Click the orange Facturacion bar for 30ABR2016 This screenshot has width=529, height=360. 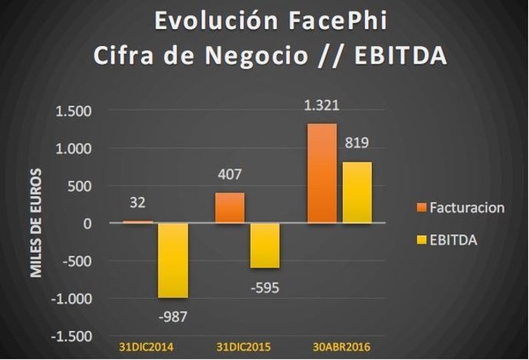click(x=321, y=173)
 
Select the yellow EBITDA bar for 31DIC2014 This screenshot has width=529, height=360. click(x=172, y=260)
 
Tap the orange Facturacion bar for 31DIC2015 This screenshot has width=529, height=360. click(x=230, y=208)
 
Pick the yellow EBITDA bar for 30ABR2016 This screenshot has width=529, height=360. click(x=356, y=192)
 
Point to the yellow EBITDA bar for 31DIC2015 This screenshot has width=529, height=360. click(x=264, y=246)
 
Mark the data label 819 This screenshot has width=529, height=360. click(x=357, y=144)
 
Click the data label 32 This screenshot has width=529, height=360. click(x=138, y=204)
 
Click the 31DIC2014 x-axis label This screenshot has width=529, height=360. click(x=146, y=347)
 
